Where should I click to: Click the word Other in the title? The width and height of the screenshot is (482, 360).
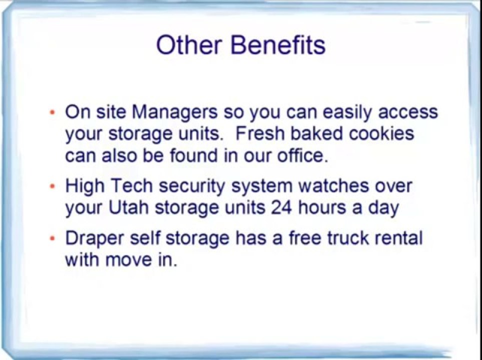click(x=189, y=45)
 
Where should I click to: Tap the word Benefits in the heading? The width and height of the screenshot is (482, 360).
click(x=278, y=45)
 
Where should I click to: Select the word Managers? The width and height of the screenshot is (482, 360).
click(x=175, y=112)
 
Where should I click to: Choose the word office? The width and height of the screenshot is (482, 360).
click(x=302, y=155)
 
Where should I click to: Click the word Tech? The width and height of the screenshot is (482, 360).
click(x=131, y=186)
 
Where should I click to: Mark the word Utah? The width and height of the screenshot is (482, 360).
click(x=129, y=207)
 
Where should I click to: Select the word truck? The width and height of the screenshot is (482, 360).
click(x=348, y=238)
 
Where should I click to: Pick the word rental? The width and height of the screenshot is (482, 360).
click(x=399, y=238)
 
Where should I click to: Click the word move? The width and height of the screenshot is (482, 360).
click(x=129, y=260)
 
